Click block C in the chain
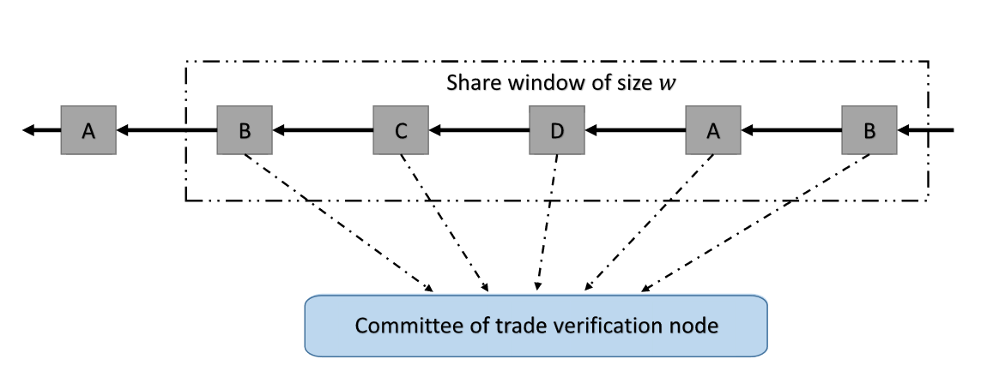pyautogui.click(x=401, y=131)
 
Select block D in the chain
pyautogui.click(x=556, y=131)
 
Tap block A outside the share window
pyautogui.click(x=88, y=130)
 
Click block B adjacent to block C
pyautogui.click(x=244, y=131)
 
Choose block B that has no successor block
pyautogui.click(x=869, y=131)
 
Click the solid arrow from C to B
pyautogui.click(x=323, y=131)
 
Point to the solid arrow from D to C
pyautogui.click(x=479, y=131)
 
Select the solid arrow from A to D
pyautogui.click(x=635, y=131)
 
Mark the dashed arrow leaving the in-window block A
pyautogui.click(x=651, y=221)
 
